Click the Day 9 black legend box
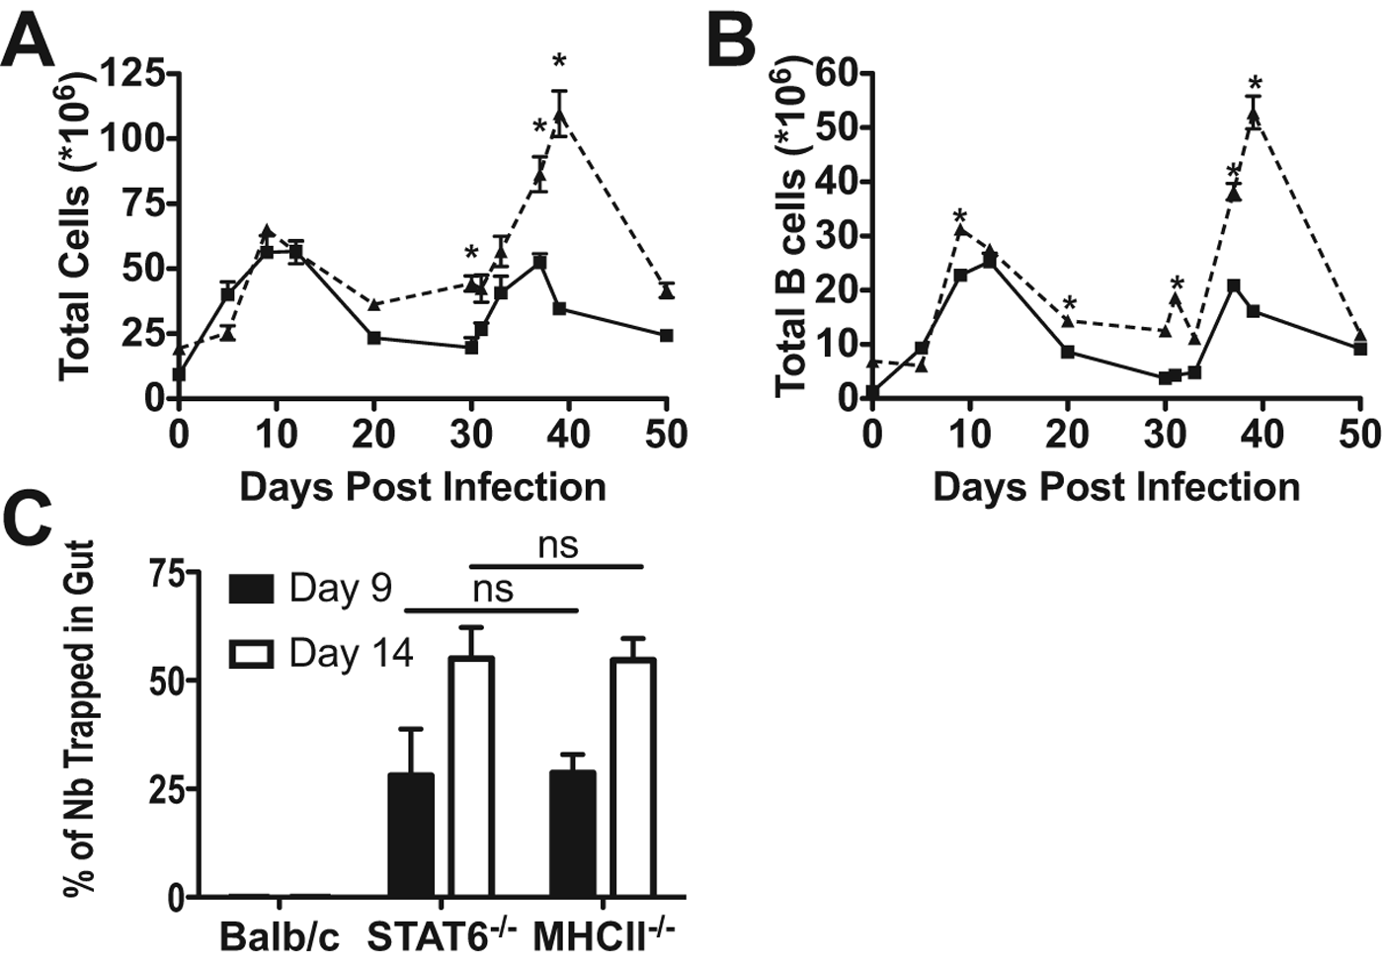tap(251, 589)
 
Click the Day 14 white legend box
tap(251, 654)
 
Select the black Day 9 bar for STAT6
tap(411, 835)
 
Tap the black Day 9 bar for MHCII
tap(573, 834)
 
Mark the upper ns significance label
tap(557, 545)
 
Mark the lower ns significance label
tap(493, 589)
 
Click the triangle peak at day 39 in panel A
tap(560, 118)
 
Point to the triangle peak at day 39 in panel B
tap(1254, 117)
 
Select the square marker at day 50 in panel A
tap(667, 336)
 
